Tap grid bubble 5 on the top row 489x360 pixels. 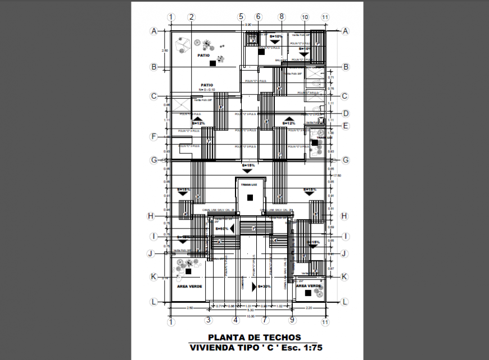pyautogui.click(x=241, y=17)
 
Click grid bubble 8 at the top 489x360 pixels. pyautogui.click(x=281, y=17)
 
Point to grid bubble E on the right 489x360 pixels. pyautogui.click(x=346, y=126)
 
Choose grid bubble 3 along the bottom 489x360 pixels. pyautogui.click(x=207, y=320)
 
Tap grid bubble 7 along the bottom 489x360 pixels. pyautogui.click(x=265, y=320)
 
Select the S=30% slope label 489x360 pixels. pyautogui.click(x=264, y=286)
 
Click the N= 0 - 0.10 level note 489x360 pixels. pyautogui.click(x=206, y=90)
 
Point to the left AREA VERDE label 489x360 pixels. pyautogui.click(x=189, y=286)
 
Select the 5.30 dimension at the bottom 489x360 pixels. pyautogui.click(x=251, y=310)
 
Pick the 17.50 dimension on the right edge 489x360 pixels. pyautogui.click(x=337, y=175)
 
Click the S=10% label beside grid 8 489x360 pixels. pyautogui.click(x=275, y=37)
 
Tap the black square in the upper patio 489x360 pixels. pyautogui.click(x=212, y=64)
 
